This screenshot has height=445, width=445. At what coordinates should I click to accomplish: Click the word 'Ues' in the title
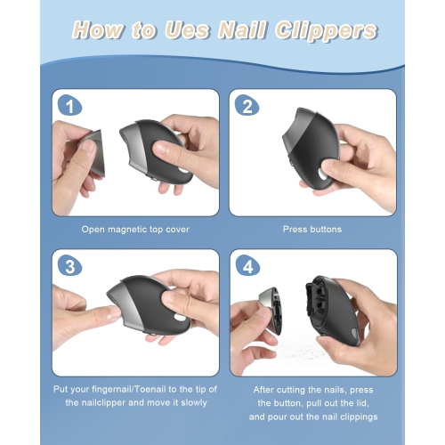[187, 30]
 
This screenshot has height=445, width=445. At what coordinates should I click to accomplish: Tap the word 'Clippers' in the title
[326, 31]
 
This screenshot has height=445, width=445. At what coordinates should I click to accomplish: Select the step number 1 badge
[69, 105]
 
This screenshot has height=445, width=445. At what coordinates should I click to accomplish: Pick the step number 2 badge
[247, 105]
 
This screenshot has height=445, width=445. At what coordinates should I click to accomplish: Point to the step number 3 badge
[69, 265]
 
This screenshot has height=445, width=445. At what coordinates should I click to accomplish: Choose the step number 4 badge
[247, 265]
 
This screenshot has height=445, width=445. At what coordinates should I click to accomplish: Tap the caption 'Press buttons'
[312, 230]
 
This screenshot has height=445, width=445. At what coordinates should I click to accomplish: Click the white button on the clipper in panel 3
[180, 318]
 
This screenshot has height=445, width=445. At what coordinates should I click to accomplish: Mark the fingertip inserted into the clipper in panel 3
[113, 313]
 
